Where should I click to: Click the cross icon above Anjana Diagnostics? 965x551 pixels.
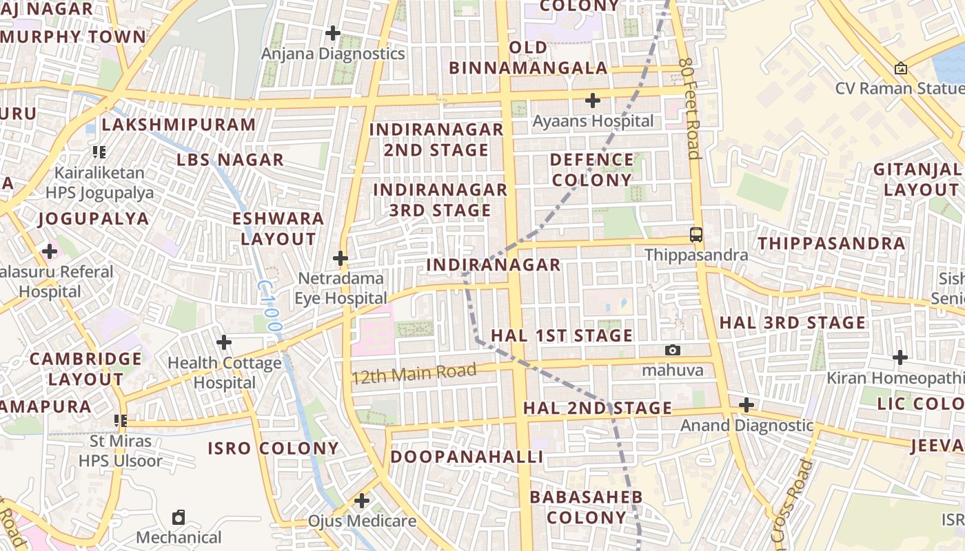[333, 32]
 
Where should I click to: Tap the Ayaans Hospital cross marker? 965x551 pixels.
[593, 101]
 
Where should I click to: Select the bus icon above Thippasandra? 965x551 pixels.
[696, 234]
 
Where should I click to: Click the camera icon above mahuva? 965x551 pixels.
[673, 350]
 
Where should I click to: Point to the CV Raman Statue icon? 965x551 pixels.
[900, 68]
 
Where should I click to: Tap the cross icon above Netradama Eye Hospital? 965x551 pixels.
[341, 258]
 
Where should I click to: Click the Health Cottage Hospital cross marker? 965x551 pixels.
[224, 342]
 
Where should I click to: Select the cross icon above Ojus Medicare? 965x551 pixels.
[362, 501]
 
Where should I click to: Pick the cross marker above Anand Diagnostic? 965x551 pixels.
[746, 405]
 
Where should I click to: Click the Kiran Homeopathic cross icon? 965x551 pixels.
[900, 357]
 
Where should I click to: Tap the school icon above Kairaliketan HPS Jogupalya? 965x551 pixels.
[99, 152]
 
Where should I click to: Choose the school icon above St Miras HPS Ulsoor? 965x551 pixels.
[121, 419]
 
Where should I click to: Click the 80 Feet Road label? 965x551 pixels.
[689, 108]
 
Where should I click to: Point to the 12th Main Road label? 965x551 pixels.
[414, 374]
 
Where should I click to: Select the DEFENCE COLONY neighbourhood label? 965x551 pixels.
[591, 169]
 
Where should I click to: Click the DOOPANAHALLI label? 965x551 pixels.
[467, 457]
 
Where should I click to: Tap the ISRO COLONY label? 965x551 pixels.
[274, 448]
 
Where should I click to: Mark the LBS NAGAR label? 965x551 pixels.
[230, 160]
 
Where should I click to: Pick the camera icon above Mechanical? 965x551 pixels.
[179, 517]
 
